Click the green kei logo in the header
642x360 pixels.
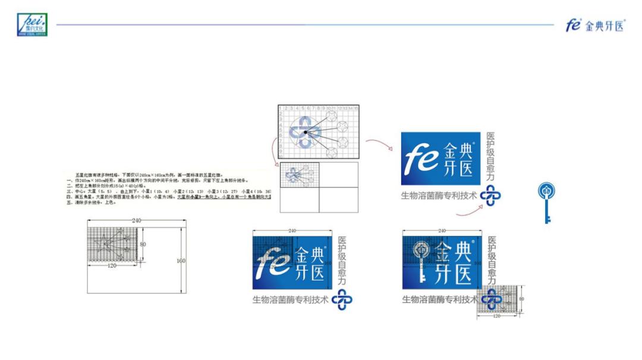32,25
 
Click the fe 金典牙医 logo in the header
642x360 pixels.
595,26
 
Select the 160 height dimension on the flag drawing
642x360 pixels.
181,261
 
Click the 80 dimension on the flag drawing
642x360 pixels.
143,244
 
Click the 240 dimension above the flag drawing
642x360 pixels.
136,220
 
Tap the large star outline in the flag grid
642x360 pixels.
103,245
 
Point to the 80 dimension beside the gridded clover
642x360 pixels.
522,298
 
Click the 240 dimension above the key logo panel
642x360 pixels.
441,230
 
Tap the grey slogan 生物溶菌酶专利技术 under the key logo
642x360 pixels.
440,299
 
